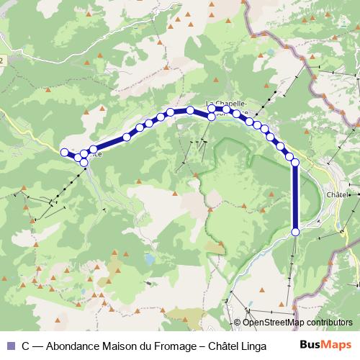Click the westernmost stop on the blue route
[x=64, y=152]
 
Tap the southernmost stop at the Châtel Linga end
[x=295, y=231]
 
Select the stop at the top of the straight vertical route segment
[x=295, y=163]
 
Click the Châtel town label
[x=337, y=194]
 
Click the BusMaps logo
[x=326, y=345]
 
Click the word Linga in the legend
[x=252, y=345]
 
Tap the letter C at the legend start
[x=26, y=345]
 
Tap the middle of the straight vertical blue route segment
[x=295, y=197]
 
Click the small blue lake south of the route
[x=149, y=257]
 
